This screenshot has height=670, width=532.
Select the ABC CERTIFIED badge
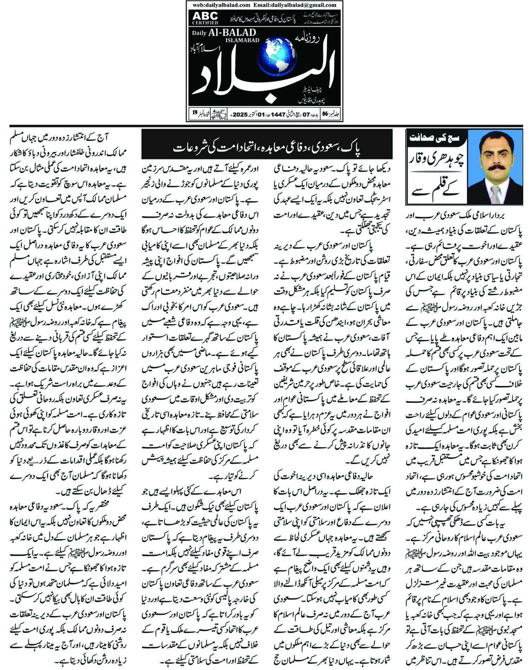(x=205, y=18)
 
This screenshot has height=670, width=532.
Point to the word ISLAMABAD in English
(x=242, y=40)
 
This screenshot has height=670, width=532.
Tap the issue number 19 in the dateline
(x=195, y=113)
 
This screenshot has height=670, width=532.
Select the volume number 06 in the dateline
(x=325, y=114)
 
